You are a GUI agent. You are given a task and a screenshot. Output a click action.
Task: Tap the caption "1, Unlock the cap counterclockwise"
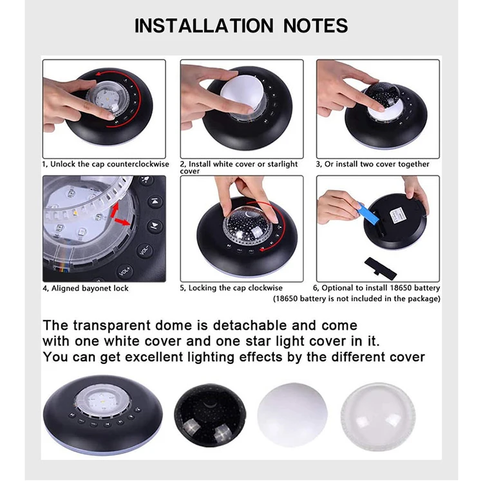pyautogui.click(x=106, y=164)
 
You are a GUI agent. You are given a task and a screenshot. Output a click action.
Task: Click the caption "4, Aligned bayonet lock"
pyautogui.click(x=86, y=289)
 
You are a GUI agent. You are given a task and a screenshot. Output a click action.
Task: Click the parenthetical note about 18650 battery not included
pyautogui.click(x=356, y=298)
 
